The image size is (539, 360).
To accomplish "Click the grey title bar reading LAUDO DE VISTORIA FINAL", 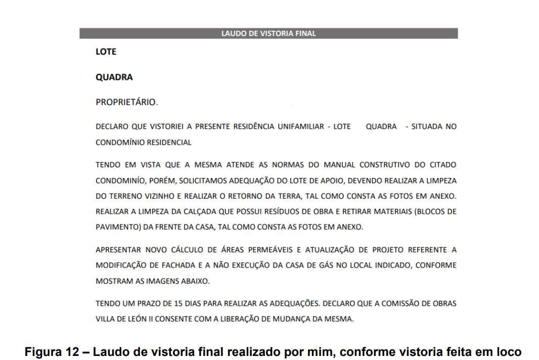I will pos(268,33).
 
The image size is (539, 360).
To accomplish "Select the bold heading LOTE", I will pos(106,52).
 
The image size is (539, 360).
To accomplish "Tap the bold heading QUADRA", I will pos(114,77).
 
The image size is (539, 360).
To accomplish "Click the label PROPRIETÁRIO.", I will pos(126,102).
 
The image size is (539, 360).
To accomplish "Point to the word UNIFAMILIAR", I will pos(301,126).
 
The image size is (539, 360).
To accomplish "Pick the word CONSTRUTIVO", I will pos(386,165).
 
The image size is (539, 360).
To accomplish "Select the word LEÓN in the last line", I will pos(138,319).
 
